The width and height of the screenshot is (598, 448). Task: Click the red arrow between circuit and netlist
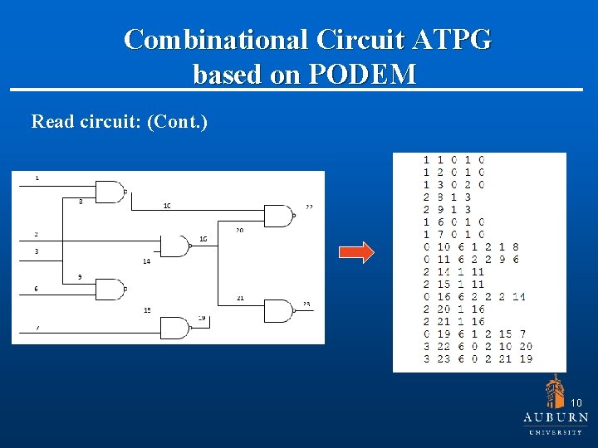pyautogui.click(x=358, y=253)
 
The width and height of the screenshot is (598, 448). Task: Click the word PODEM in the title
pyautogui.click(x=362, y=75)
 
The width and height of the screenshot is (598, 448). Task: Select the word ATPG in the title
pyautogui.click(x=449, y=39)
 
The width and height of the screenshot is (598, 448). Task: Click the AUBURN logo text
pyautogui.click(x=556, y=417)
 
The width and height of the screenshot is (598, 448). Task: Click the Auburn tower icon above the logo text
pyautogui.click(x=555, y=391)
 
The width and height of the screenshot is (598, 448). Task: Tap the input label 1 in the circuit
pyautogui.click(x=37, y=178)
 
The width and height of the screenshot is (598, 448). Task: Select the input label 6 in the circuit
pyautogui.click(x=36, y=289)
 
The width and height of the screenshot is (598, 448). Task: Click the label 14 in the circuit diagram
pyautogui.click(x=146, y=261)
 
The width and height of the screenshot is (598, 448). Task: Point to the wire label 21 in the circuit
pyautogui.click(x=240, y=298)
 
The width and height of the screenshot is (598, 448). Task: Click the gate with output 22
pyautogui.click(x=278, y=216)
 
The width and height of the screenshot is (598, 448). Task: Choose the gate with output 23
pyautogui.click(x=278, y=311)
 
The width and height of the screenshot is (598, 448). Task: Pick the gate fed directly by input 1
pyautogui.click(x=110, y=192)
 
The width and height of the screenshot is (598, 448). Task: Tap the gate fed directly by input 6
pyautogui.click(x=110, y=290)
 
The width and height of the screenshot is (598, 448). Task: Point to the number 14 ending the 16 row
pyautogui.click(x=519, y=296)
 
